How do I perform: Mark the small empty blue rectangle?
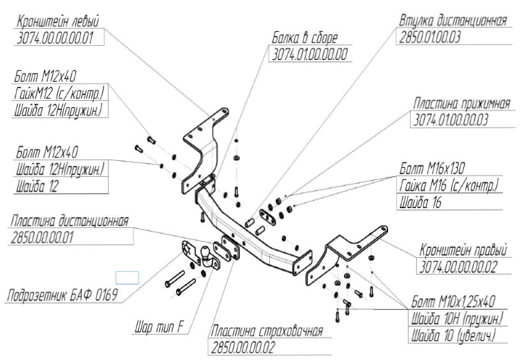coord(126,277)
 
